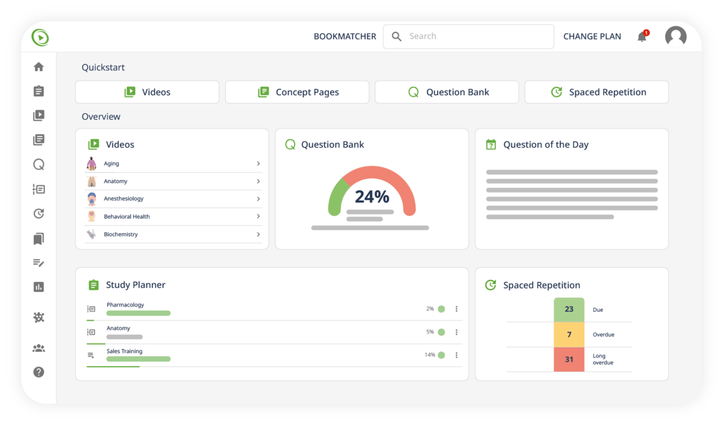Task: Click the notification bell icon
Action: [x=642, y=37]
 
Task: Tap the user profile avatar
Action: [x=675, y=37]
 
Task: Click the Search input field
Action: [x=469, y=36]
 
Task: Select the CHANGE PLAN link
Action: [x=592, y=36]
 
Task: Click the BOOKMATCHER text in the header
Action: [x=345, y=36]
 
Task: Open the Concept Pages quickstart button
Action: [x=297, y=92]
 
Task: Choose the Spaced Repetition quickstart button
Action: [x=596, y=92]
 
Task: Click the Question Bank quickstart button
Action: [x=446, y=92]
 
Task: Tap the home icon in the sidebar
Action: [x=39, y=67]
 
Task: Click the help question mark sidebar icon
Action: [x=39, y=372]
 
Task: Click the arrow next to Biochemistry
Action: [x=258, y=234]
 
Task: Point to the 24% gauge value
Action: [x=372, y=196]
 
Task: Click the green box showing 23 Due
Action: [x=569, y=309]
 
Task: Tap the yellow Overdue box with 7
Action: [x=569, y=334]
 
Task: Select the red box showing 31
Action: [x=569, y=359]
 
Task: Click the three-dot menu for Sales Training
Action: [x=456, y=355]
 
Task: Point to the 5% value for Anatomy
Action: [x=430, y=332]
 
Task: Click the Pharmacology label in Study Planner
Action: [x=125, y=305]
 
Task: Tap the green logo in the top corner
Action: [x=40, y=37]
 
